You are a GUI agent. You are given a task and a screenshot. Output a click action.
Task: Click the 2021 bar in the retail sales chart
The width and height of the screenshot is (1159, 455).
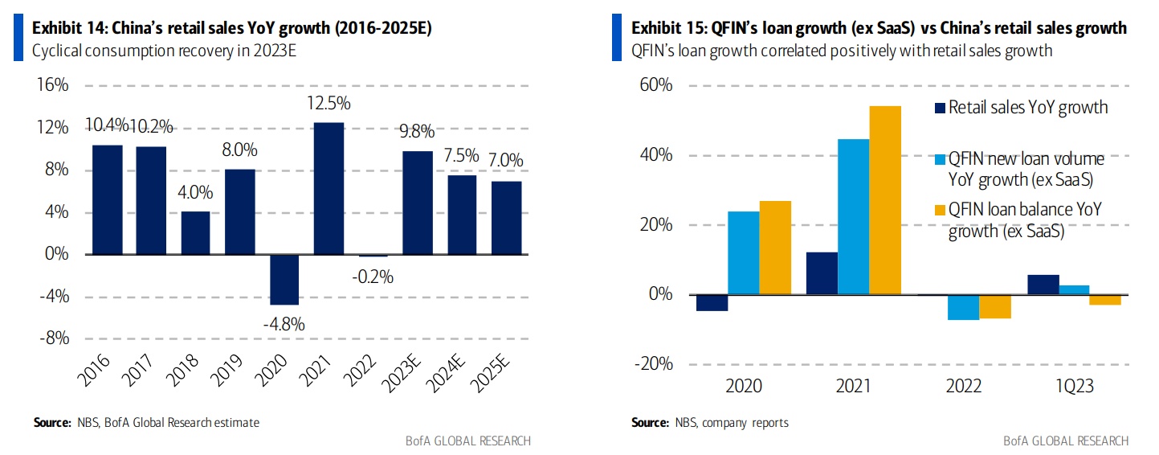coord(329,188)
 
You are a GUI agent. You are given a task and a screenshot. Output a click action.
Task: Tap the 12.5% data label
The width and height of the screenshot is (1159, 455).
coord(329,105)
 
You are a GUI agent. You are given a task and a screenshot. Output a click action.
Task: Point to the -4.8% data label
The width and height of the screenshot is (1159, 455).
coord(284,324)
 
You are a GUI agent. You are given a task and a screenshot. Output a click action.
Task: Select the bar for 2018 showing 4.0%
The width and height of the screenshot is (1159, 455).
coord(195,233)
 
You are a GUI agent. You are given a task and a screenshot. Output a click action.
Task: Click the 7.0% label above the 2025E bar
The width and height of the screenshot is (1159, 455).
coord(506,161)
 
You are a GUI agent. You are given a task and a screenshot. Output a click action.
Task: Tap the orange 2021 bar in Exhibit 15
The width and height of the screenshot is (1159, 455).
coord(885,200)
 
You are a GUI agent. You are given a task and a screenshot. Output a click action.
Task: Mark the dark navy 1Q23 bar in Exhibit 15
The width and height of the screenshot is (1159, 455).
coord(1043,285)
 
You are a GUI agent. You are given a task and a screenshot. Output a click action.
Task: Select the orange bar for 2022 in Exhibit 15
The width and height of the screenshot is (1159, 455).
coord(995,306)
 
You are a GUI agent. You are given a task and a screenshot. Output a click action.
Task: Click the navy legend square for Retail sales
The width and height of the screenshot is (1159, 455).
coord(939,107)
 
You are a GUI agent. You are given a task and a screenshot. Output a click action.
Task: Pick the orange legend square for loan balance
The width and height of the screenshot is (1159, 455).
coord(939,209)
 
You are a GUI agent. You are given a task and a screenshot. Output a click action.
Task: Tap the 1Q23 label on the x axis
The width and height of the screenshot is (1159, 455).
coord(1074,387)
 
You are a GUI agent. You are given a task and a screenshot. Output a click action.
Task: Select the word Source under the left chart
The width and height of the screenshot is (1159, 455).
coord(50,422)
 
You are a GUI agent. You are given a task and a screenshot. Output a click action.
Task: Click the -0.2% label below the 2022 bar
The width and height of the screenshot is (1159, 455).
coord(373,277)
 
